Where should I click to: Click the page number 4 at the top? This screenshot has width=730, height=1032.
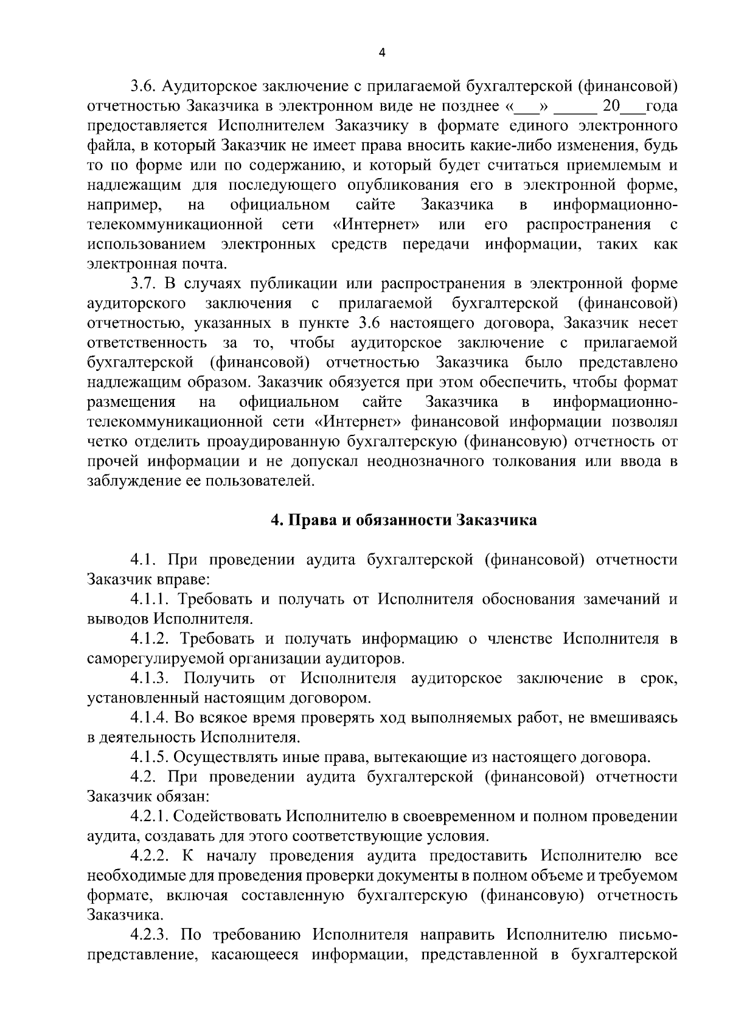381,52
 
